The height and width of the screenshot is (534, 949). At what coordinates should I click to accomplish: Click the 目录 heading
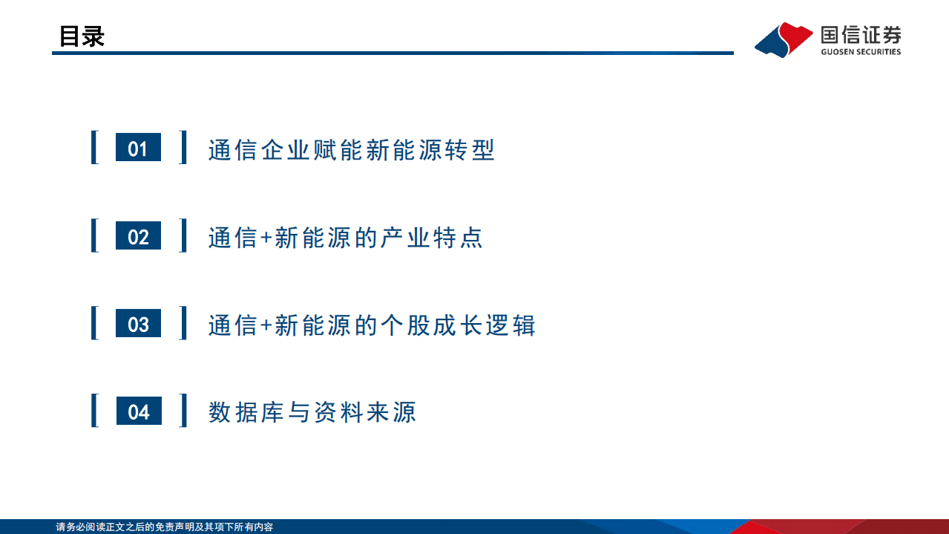[82, 36]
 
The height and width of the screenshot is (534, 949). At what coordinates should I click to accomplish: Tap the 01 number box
[138, 149]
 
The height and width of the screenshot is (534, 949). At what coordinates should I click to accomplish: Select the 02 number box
[138, 236]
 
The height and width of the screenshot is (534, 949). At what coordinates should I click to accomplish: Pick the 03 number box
[138, 324]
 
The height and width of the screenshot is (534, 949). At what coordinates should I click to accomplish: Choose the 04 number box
[138, 411]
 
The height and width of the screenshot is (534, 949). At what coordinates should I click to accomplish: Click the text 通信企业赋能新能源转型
[351, 150]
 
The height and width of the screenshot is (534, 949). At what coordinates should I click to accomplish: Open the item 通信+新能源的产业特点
[346, 238]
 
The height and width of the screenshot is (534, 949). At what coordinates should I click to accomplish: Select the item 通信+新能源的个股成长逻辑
[372, 325]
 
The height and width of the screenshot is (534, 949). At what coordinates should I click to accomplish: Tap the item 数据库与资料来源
[312, 412]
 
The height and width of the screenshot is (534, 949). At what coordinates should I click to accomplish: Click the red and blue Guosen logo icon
[784, 39]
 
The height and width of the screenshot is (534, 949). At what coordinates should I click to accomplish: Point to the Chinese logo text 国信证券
[861, 34]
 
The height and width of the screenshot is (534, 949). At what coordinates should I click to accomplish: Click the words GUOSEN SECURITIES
[861, 52]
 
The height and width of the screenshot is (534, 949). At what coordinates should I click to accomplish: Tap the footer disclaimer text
[165, 527]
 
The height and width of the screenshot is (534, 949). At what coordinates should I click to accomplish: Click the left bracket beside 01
[94, 148]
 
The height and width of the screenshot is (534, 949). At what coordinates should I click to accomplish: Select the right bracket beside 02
[183, 235]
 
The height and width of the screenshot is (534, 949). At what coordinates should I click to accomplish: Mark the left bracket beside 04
[94, 411]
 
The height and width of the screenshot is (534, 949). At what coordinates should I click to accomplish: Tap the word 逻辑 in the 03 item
[510, 325]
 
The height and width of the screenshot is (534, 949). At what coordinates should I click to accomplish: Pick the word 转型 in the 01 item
[470, 150]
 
